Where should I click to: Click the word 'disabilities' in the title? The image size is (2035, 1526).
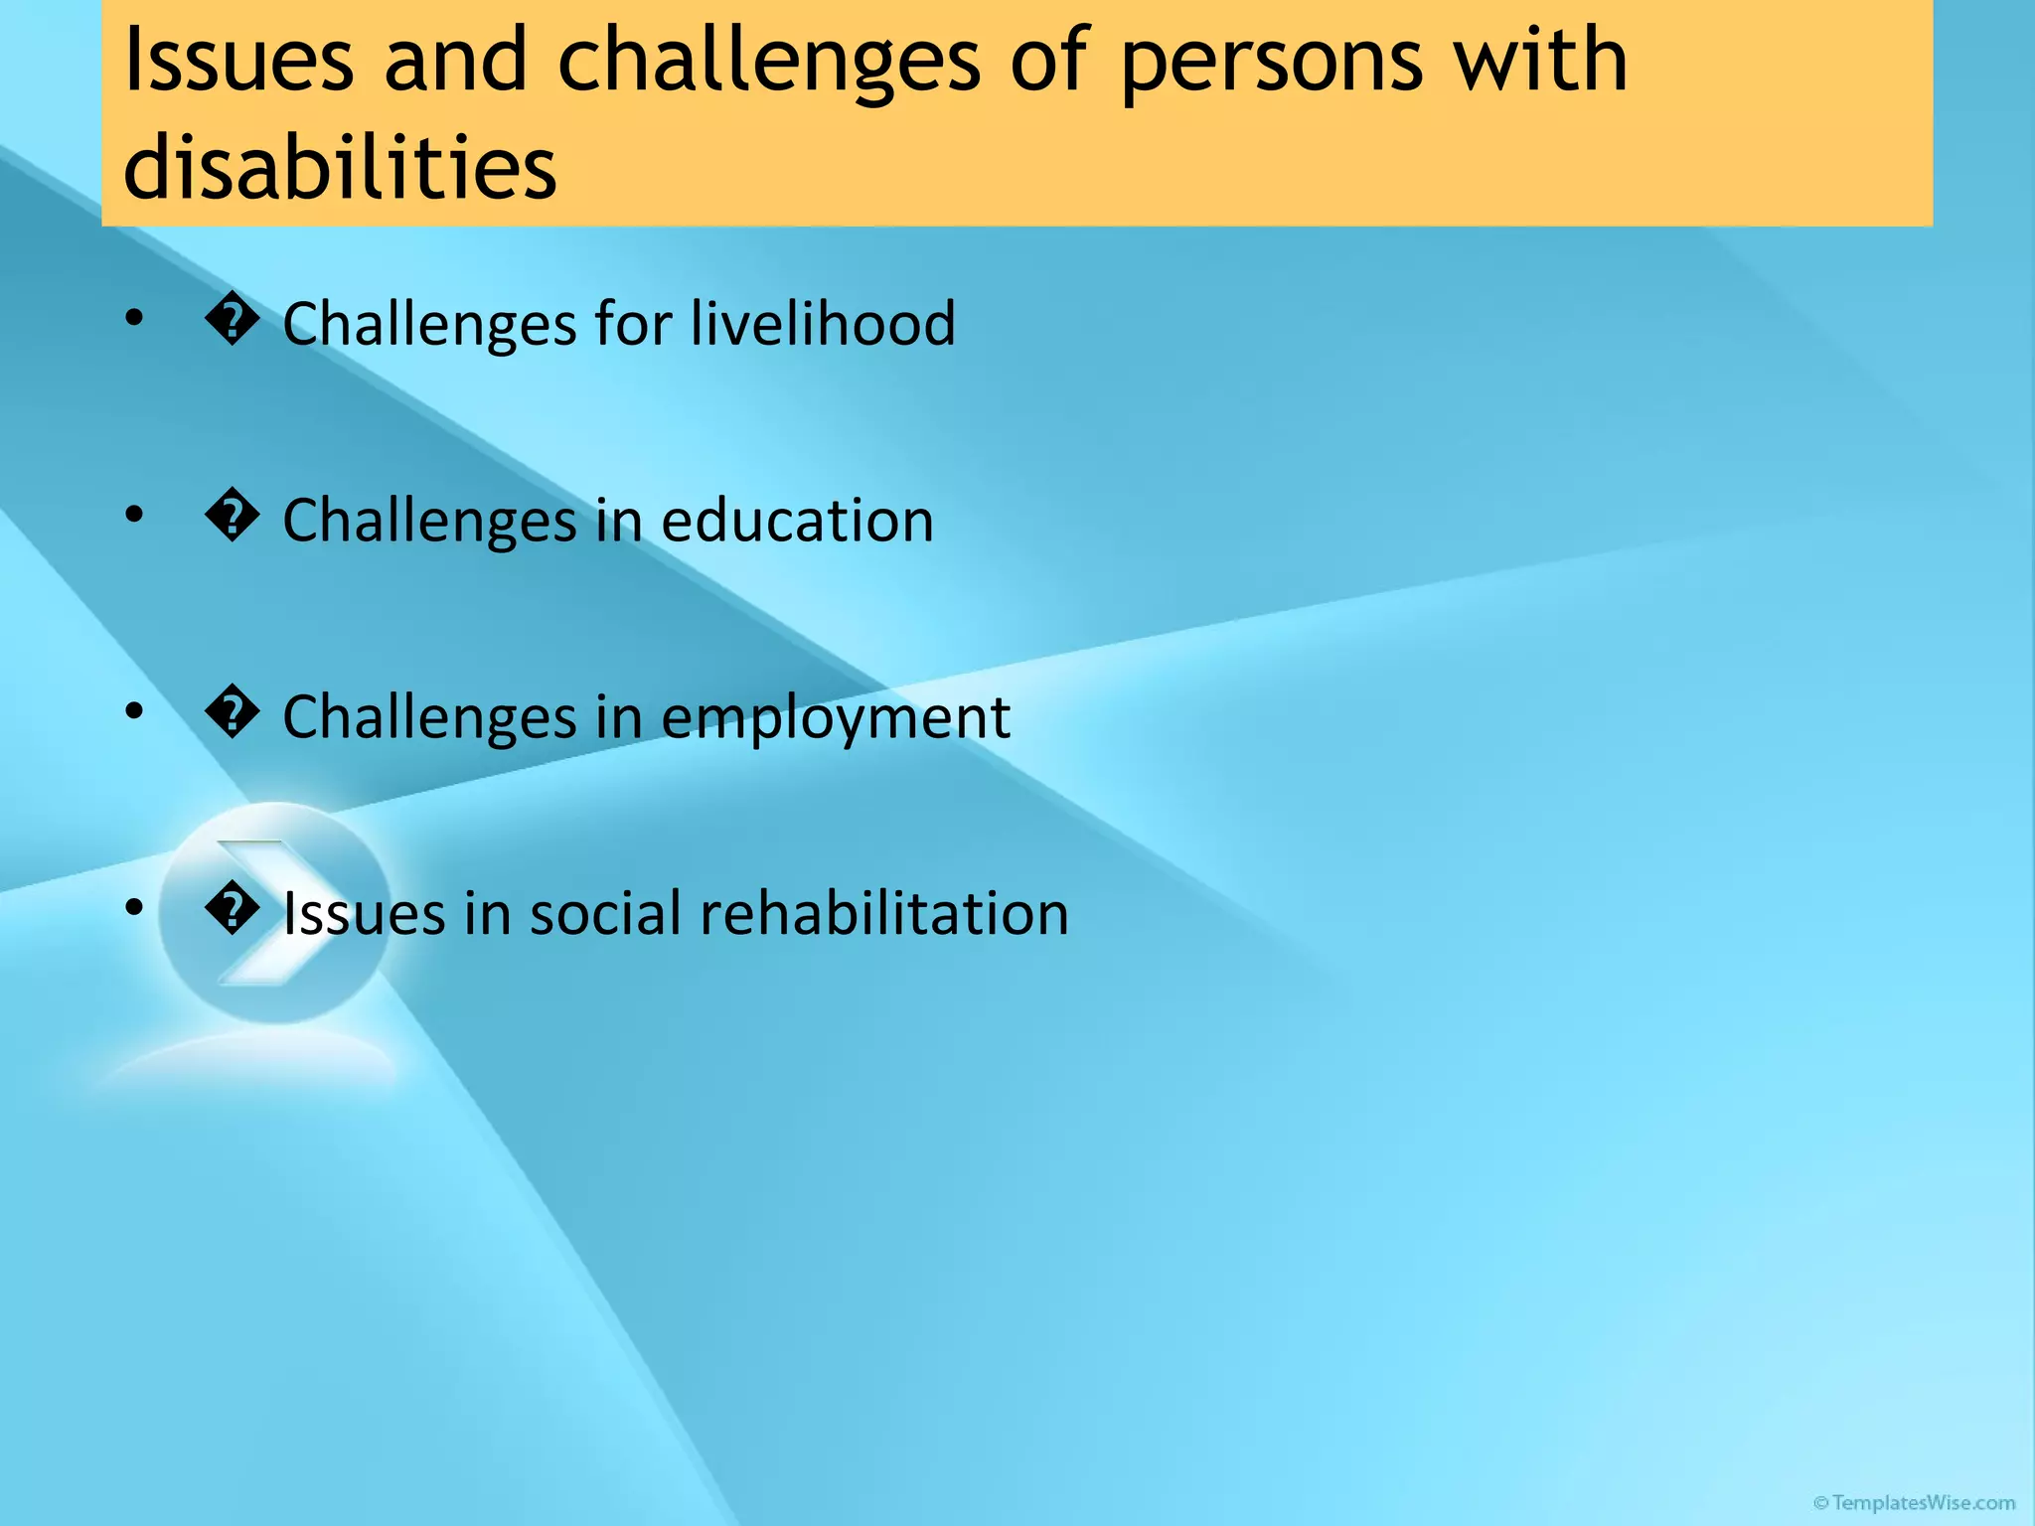(340, 166)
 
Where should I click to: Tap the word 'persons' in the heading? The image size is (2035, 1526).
(1271, 62)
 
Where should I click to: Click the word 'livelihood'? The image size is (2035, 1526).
(823, 324)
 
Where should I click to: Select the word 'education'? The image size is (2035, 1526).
(797, 521)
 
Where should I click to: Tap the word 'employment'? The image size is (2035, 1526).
(835, 717)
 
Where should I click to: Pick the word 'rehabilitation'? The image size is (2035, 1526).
(883, 913)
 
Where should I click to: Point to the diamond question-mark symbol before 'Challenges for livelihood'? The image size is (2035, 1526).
(232, 322)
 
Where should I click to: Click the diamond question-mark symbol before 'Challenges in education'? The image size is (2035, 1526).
(232, 519)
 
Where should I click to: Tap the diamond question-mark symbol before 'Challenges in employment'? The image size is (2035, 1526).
(232, 715)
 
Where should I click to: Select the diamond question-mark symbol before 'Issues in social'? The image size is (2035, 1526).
(232, 911)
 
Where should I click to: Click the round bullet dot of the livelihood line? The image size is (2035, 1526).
(134, 318)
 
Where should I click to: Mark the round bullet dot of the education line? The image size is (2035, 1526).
(134, 515)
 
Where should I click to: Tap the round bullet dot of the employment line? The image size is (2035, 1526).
(134, 711)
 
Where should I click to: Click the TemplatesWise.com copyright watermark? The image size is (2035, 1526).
(1914, 1503)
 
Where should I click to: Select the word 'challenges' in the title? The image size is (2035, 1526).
(769, 62)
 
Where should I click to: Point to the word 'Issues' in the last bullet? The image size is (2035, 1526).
(364, 913)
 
